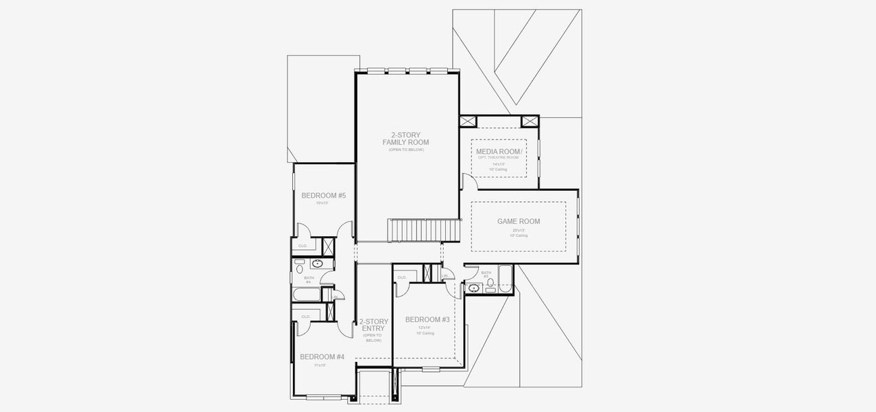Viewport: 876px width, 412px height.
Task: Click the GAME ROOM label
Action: (x=518, y=221)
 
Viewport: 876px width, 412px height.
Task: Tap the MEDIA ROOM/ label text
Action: (x=499, y=151)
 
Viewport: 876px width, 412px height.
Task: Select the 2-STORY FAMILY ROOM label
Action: (x=405, y=139)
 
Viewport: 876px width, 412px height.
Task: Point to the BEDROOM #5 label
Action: (x=323, y=196)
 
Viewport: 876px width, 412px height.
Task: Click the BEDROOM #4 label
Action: (x=322, y=356)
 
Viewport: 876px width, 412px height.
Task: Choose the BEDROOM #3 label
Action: (x=427, y=319)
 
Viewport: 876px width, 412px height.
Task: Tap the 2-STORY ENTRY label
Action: (x=373, y=325)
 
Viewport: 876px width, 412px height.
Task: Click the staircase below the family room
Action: (x=423, y=230)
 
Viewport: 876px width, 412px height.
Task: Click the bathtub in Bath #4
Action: (x=306, y=295)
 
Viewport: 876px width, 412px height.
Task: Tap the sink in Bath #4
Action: (x=318, y=264)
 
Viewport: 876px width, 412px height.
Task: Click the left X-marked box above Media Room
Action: (x=469, y=122)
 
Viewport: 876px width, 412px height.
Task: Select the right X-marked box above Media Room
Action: (x=530, y=122)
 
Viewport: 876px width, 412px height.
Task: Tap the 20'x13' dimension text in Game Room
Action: (x=518, y=230)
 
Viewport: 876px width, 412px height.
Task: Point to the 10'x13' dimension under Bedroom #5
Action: (x=323, y=203)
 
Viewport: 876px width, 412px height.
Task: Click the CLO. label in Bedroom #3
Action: (x=402, y=277)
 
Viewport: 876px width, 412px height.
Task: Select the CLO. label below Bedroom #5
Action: (x=303, y=245)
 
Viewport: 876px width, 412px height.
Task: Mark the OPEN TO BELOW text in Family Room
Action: (x=405, y=149)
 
